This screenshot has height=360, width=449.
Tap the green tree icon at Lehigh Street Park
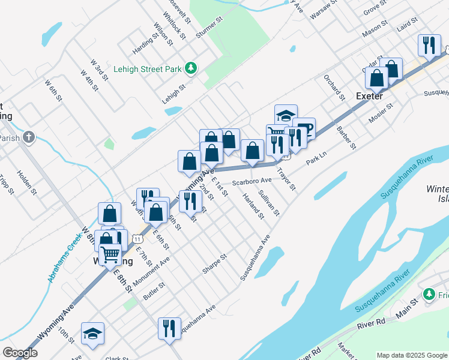pyautogui.click(x=191, y=68)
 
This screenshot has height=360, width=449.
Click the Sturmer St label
pyautogui.click(x=209, y=28)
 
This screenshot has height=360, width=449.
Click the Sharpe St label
pyautogui.click(x=214, y=264)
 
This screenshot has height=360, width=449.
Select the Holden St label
pyautogui.click(x=26, y=183)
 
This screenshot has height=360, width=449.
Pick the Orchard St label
pyautogui.click(x=334, y=87)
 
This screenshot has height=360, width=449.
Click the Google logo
pyautogui.click(x=20, y=353)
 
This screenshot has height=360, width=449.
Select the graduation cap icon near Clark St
pyautogui.click(x=93, y=333)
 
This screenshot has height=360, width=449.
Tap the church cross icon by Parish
pyautogui.click(x=28, y=137)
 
